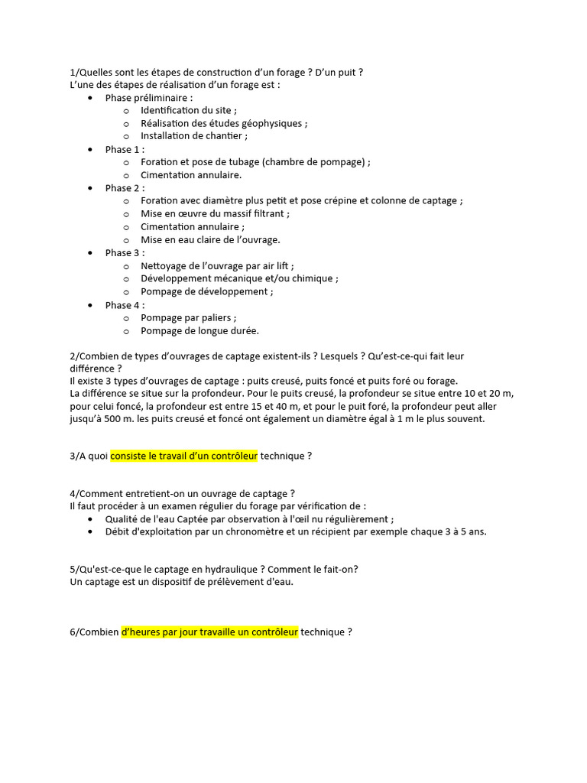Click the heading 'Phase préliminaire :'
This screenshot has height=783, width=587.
pos(148,98)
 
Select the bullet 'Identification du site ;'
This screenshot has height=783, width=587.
pos(189,111)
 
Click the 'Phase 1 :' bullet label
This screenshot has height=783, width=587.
pos(125,150)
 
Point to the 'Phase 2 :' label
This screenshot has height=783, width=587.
pos(125,188)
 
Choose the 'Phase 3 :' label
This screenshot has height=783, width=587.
pos(125,253)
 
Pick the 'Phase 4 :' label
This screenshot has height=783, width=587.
pos(125,305)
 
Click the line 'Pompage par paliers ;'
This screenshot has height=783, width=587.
pos(189,318)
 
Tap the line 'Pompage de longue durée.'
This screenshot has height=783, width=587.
pos(199,331)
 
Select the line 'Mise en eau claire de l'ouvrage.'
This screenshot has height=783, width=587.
pos(210,240)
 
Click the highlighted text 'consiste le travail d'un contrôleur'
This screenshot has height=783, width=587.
pos(184,456)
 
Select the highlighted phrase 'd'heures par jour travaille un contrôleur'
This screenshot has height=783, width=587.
pos(209,632)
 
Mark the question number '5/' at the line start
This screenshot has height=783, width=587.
pos(73,570)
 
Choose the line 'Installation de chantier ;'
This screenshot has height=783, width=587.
pos(194,136)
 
